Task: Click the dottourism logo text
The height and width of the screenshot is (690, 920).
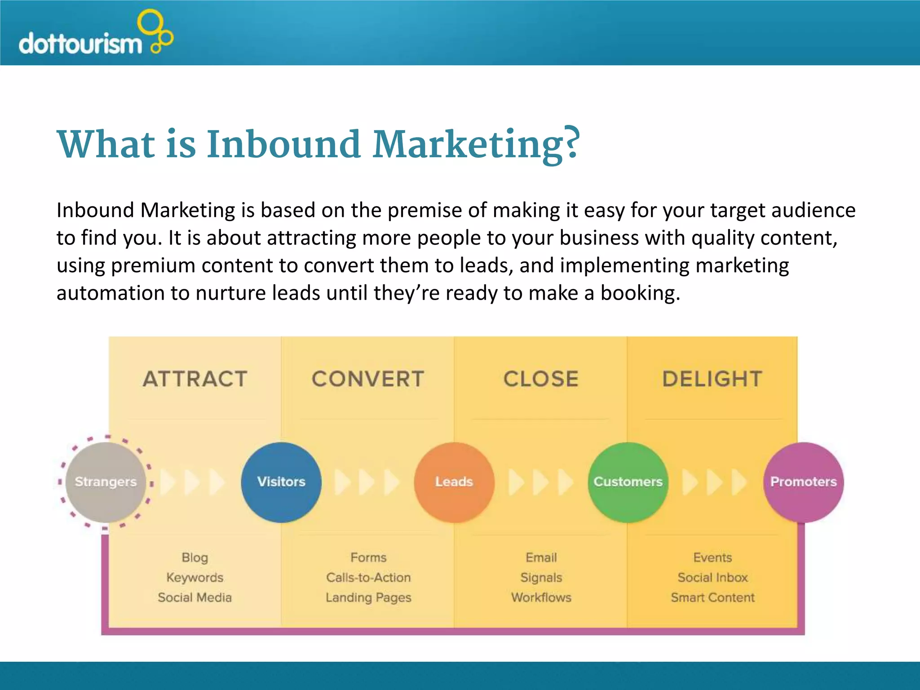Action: [x=80, y=44]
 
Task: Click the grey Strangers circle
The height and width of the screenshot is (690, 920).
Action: [x=106, y=482]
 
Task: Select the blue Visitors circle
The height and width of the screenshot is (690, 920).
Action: [x=281, y=482]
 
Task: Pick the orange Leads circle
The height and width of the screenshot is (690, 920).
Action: [x=454, y=482]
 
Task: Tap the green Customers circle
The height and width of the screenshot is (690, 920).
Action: [x=628, y=482]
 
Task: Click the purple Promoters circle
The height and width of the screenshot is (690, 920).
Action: [x=803, y=482]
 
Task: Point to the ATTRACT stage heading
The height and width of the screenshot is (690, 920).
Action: [x=195, y=379]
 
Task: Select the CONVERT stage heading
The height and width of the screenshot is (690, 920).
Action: [x=368, y=379]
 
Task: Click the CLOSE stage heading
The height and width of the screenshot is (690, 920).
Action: [x=541, y=379]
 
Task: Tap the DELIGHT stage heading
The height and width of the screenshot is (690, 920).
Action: [x=712, y=379]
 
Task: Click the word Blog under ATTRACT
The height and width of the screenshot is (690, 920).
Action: [x=195, y=557]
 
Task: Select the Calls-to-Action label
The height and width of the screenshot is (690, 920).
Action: [x=368, y=577]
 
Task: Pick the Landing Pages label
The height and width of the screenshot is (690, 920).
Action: [x=368, y=597]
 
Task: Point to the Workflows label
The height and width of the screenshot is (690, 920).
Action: [x=541, y=597]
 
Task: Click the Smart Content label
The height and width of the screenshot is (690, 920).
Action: [x=713, y=597]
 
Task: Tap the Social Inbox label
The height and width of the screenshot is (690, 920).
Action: [x=713, y=577]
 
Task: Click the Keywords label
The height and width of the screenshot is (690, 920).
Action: [x=195, y=577]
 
